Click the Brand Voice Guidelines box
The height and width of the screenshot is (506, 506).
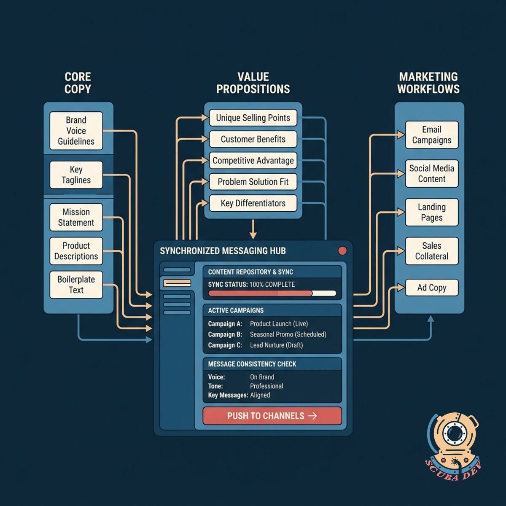click(76, 131)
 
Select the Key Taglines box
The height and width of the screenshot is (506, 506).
click(76, 175)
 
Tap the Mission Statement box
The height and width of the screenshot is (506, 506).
click(76, 217)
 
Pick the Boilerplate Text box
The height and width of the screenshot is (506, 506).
click(76, 285)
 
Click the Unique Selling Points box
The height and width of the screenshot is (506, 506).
click(253, 118)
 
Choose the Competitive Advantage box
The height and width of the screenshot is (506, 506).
click(253, 160)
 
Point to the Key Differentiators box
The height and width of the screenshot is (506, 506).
click(253, 203)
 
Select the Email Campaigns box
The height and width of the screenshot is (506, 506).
click(432, 135)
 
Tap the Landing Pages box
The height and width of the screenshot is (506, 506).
click(432, 212)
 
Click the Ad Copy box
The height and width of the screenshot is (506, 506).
click(432, 288)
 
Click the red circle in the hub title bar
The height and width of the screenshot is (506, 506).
click(342, 251)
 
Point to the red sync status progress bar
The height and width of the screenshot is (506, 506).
click(260, 293)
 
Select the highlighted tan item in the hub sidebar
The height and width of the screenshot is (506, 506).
click(177, 283)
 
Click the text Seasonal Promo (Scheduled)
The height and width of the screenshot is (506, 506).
click(288, 334)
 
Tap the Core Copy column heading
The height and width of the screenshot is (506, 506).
click(78, 83)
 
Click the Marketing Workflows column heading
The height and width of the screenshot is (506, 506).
click(428, 83)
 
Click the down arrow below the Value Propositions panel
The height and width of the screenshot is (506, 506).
click(253, 229)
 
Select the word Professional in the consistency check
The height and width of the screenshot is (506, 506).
click(266, 386)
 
